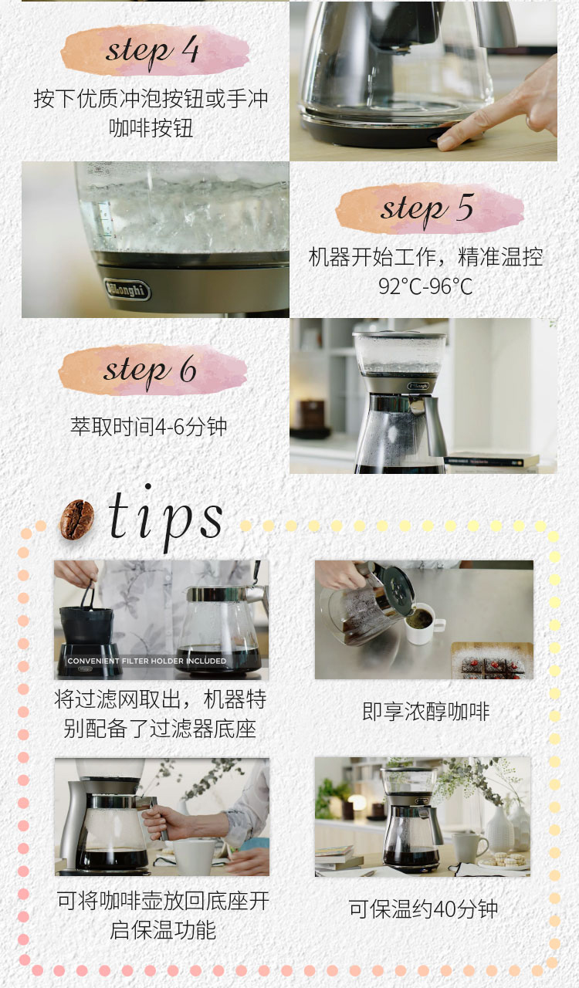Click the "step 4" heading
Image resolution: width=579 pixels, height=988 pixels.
click(152, 51)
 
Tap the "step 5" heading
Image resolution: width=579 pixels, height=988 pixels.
click(427, 208)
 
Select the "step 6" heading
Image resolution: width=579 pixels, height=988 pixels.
click(150, 370)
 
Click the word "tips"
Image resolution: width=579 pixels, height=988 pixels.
click(165, 517)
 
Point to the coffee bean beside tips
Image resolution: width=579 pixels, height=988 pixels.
click(76, 519)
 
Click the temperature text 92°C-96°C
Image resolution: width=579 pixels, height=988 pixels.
click(425, 286)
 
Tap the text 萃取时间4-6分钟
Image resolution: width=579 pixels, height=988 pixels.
click(149, 427)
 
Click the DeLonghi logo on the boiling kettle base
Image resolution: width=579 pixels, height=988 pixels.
click(127, 289)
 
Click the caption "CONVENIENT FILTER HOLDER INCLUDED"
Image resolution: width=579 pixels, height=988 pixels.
click(147, 661)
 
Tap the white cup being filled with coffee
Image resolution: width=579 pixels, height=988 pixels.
click(422, 624)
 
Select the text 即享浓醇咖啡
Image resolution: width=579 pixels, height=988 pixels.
click(426, 712)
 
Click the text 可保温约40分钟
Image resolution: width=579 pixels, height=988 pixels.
click(424, 908)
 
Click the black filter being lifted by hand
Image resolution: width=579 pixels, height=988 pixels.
click(86, 620)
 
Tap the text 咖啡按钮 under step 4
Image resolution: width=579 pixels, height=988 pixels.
click(151, 128)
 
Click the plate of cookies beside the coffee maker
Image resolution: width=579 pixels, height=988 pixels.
click(504, 860)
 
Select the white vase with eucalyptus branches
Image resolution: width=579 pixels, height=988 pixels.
click(499, 828)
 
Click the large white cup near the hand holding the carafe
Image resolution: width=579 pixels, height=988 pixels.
click(195, 857)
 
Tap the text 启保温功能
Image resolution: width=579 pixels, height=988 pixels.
click(163, 931)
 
